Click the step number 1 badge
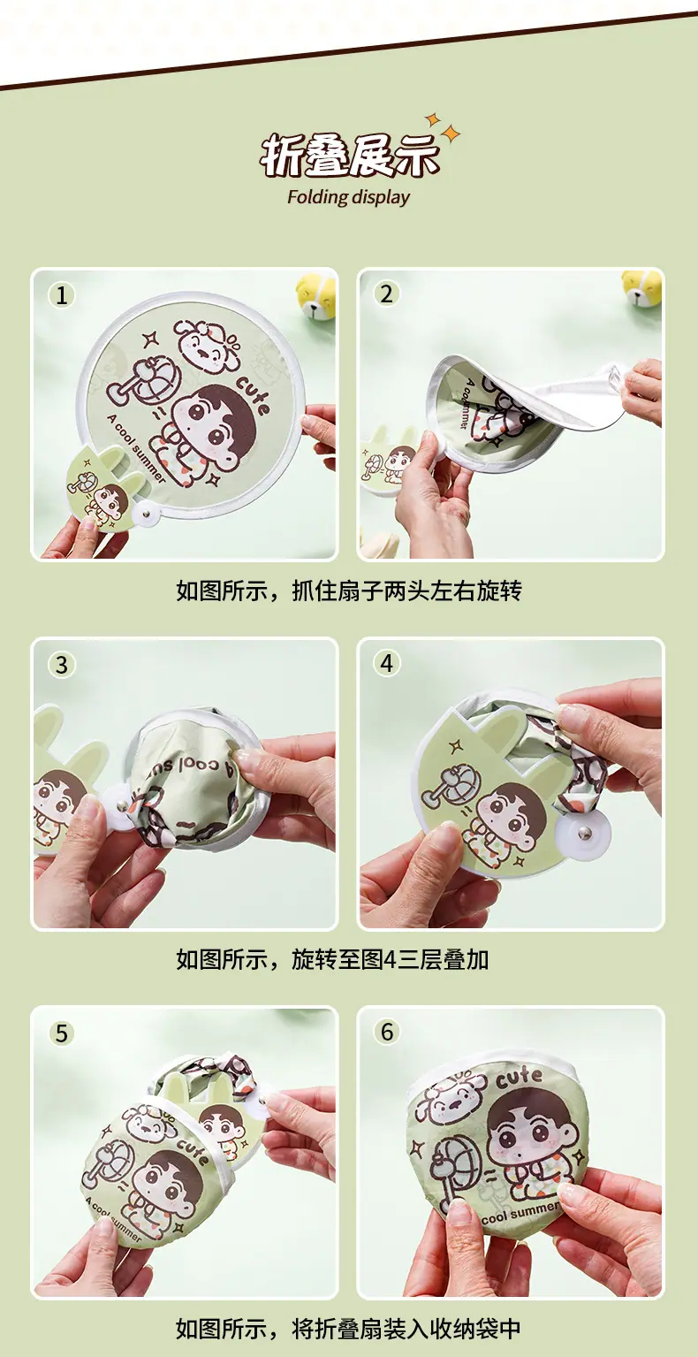[61, 295]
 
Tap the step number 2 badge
[386, 294]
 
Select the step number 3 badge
[61, 665]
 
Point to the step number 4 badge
[386, 663]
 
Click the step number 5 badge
[61, 1033]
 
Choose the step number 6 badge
[386, 1032]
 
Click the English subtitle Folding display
[349, 197]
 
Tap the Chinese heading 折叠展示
[349, 156]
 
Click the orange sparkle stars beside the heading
[444, 127]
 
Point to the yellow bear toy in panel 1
[315, 296]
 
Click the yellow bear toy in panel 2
[641, 290]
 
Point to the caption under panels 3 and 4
[331, 959]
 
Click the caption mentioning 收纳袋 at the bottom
[348, 1329]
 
